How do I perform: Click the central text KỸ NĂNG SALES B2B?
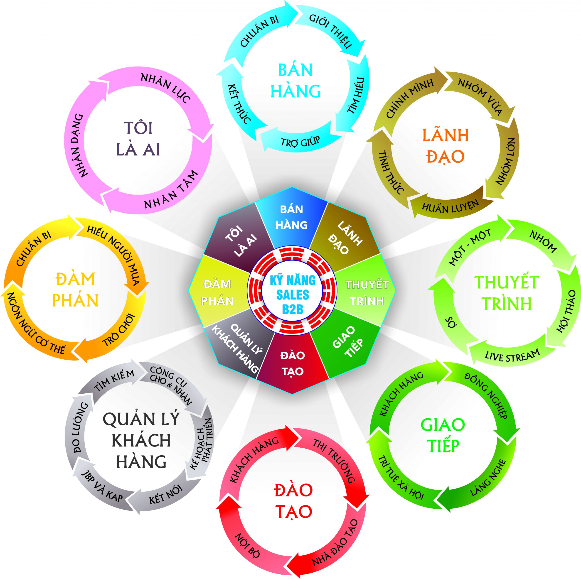292,295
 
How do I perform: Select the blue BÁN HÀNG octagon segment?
291,217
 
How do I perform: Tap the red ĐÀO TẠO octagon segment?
292,364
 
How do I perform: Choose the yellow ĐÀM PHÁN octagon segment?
217,292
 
